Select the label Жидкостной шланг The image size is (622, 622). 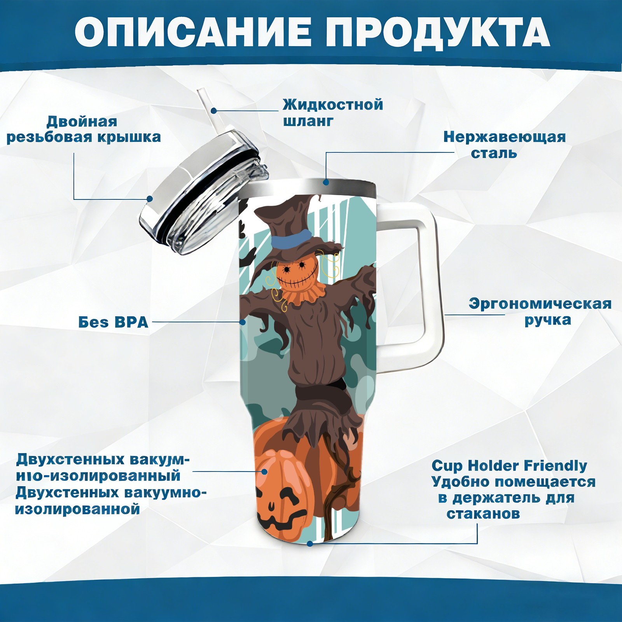click(333, 112)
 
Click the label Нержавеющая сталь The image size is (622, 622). click(505, 145)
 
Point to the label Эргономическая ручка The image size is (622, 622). click(540, 311)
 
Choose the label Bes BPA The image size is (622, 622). click(114, 322)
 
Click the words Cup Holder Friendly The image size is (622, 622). click(509, 465)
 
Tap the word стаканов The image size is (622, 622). click(483, 514)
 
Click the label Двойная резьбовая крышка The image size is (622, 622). click(84, 129)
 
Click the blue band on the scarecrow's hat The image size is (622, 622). click(291, 237)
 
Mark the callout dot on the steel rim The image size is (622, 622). click(326, 182)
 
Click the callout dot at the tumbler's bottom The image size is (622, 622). click(310, 543)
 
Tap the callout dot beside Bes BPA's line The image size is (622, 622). click(243, 322)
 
